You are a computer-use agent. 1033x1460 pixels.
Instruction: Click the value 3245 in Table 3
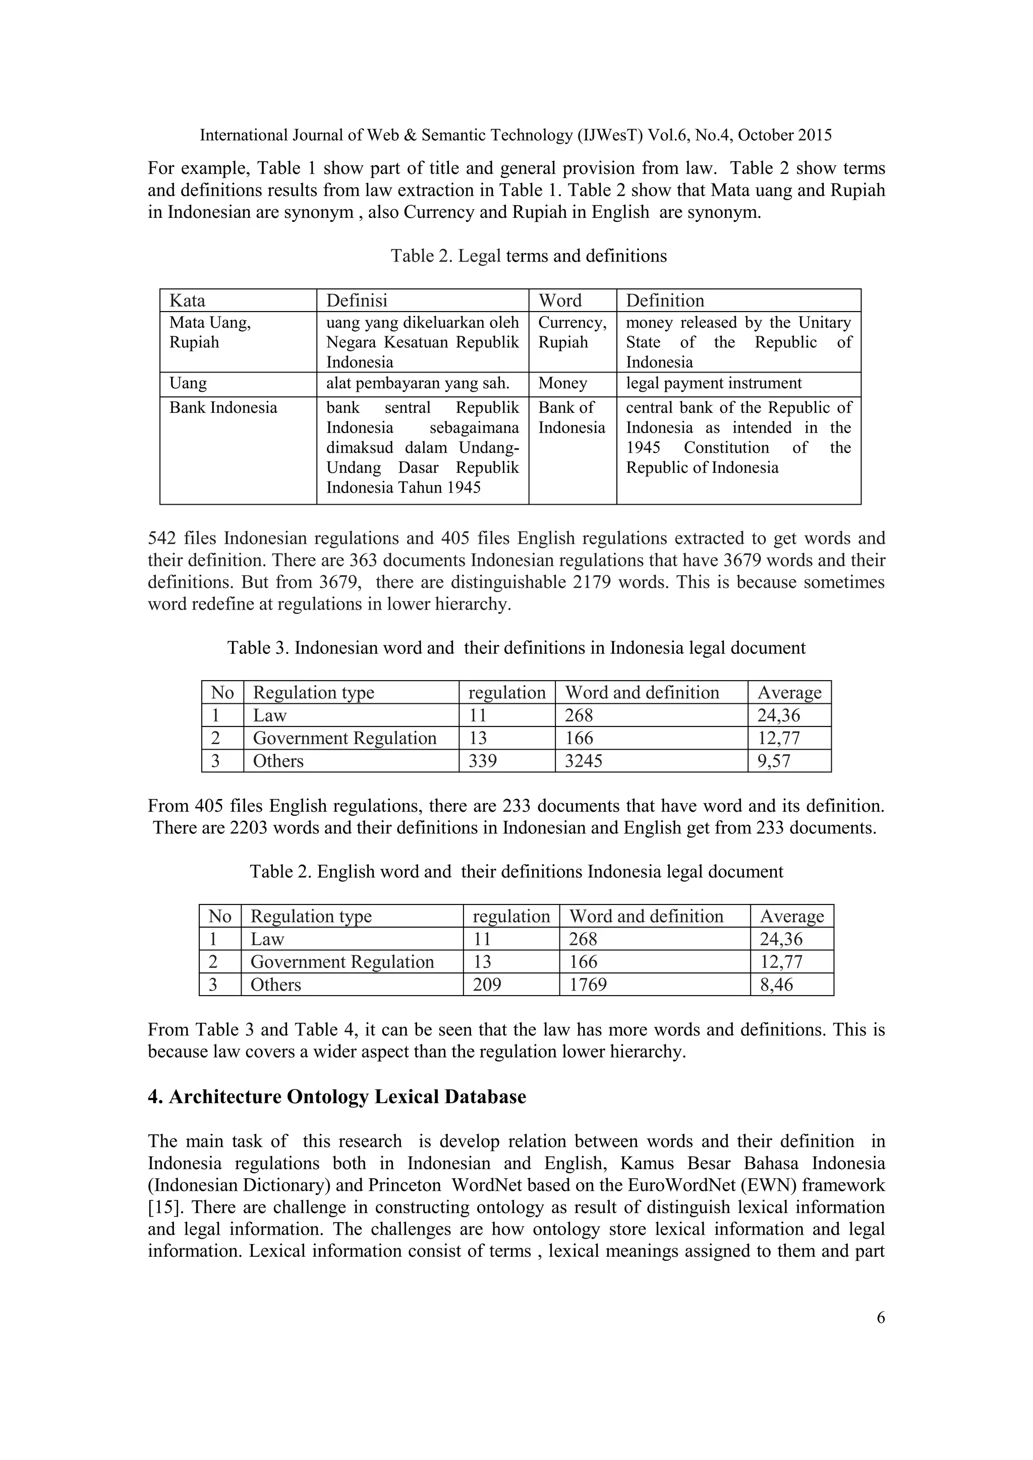583,761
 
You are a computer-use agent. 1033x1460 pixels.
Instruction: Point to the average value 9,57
773,761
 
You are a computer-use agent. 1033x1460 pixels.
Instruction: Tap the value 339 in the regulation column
482,761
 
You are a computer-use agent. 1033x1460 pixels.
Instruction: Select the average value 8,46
776,985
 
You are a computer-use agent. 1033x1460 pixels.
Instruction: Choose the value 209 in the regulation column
487,985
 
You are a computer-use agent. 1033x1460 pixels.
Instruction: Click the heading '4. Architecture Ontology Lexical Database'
336,1097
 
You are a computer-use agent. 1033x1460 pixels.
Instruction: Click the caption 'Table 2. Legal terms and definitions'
528,256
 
